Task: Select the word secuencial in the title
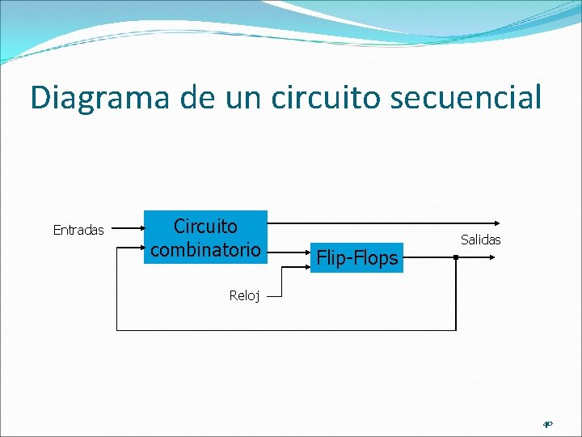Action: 481,98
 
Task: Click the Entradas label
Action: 78,231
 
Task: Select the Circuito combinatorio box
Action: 205,238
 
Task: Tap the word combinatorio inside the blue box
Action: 205,250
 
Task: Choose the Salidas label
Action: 481,240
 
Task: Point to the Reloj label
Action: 244,296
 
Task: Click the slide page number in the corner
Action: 547,423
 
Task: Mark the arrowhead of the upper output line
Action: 497,222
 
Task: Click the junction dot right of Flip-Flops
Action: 456,258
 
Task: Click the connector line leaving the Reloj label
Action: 275,296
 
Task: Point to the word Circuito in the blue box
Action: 205,227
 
